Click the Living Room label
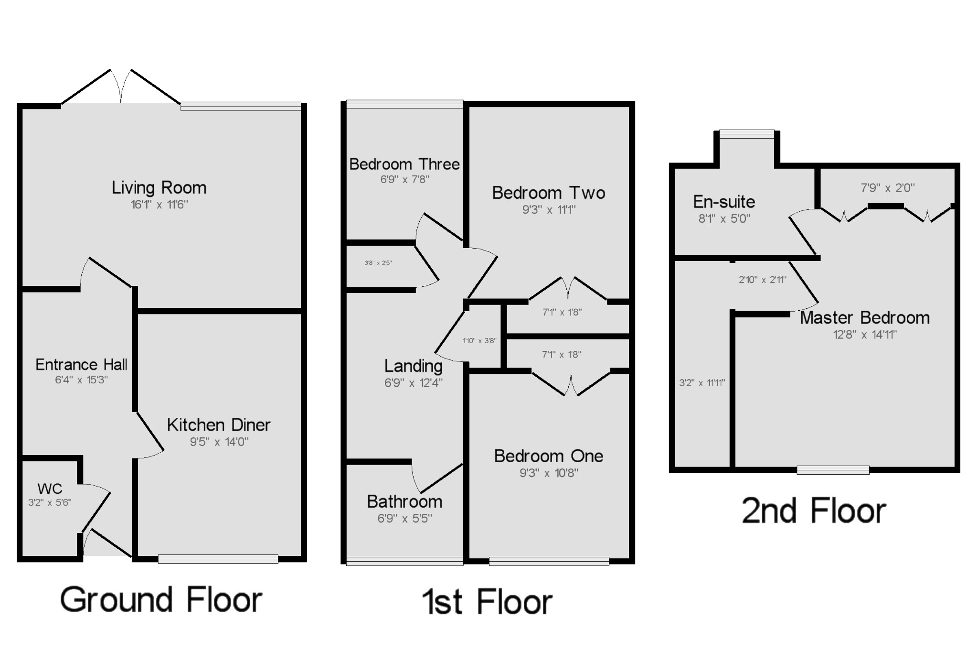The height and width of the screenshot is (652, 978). tap(159, 188)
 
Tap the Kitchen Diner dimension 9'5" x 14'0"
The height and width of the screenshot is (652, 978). tap(219, 442)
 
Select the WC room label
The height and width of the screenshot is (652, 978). tap(50, 489)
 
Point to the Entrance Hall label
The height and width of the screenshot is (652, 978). tap(81, 365)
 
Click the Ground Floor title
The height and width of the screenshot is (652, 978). tap(161, 600)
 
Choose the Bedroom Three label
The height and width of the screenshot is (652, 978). tap(404, 164)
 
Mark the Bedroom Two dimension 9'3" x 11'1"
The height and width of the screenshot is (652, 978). tap(549, 209)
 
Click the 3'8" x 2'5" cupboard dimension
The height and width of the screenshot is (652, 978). tap(378, 263)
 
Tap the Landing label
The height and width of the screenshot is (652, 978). tap(414, 366)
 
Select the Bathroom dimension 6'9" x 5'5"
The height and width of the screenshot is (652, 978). tap(404, 518)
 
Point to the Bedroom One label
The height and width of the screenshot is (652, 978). tap(549, 456)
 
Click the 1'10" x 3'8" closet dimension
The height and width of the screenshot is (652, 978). tap(479, 341)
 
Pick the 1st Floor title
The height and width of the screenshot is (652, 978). tap(487, 602)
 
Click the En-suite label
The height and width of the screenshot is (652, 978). tap(724, 202)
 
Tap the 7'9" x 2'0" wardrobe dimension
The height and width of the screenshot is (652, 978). tap(888, 188)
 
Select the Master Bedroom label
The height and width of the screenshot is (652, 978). tap(865, 318)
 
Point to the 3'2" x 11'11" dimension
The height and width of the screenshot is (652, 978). tap(702, 383)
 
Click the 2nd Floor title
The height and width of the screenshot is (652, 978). tap(814, 511)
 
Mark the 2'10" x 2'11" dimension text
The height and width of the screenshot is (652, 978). tap(762, 280)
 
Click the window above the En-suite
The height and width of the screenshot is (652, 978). tap(747, 134)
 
